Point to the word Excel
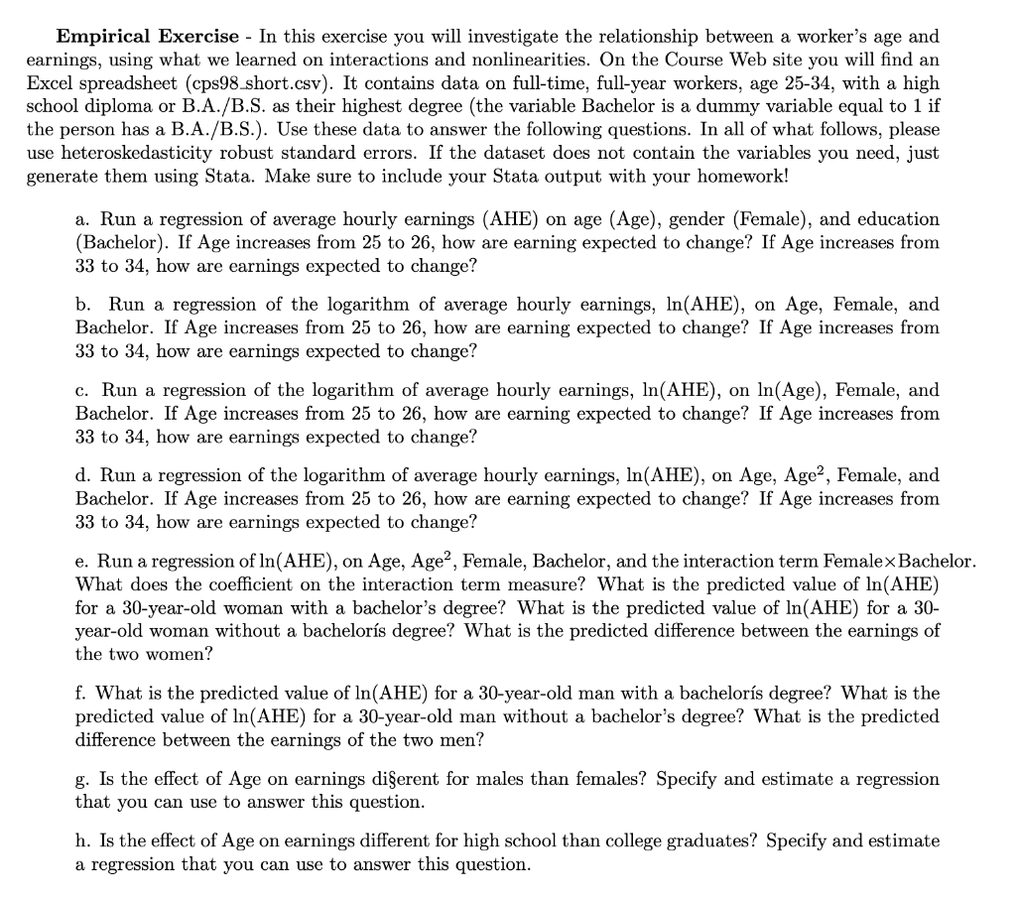[x=51, y=84]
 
